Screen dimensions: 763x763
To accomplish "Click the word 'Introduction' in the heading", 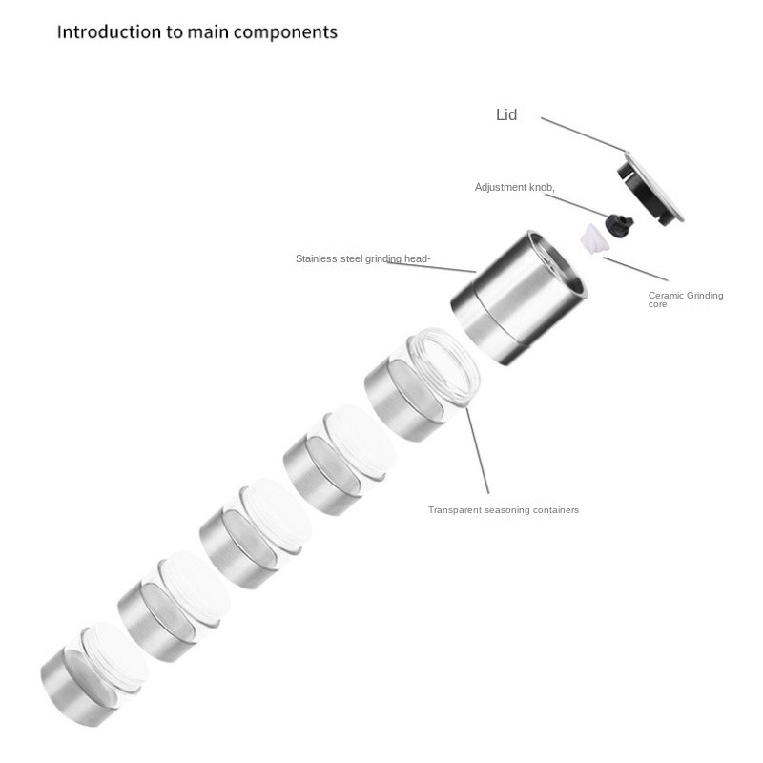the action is pos(109,32).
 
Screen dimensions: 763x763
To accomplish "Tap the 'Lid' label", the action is pos(506,114).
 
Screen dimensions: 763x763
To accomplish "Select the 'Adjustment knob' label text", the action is pos(514,187).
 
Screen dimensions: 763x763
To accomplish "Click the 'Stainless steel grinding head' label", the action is pos(362,258).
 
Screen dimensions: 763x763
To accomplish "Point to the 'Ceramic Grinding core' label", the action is pos(686,299).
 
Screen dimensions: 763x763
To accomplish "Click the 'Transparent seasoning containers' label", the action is pos(504,510).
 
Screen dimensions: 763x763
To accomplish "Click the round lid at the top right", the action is pos(650,188).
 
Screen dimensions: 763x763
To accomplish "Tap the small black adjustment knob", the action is pos(619,224).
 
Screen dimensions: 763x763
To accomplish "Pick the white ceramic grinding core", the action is pos(594,239).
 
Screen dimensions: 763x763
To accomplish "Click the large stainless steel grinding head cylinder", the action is pos(519,298).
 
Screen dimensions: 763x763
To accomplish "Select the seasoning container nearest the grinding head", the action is pos(422,384).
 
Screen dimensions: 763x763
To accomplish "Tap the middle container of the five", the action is pos(255,533).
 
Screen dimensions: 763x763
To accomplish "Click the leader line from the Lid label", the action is pos(583,134).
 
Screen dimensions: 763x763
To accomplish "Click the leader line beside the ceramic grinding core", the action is pos(636,269).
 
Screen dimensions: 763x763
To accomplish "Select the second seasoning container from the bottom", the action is pos(174,607).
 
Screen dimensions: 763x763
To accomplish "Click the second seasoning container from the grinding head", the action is pos(340,460).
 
